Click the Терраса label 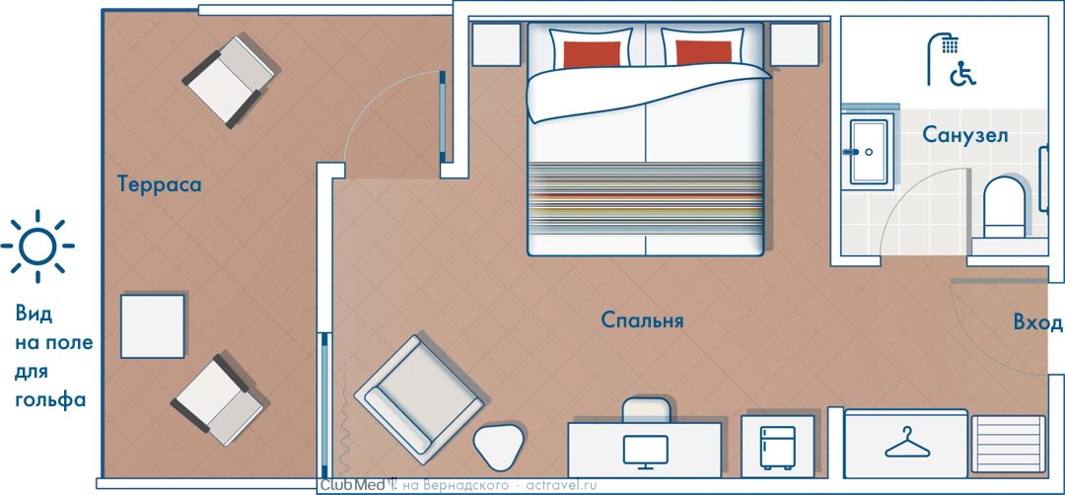[x=160, y=184]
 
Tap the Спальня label [x=642, y=320]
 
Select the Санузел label [x=964, y=135]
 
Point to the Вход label [x=1037, y=322]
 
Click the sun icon [x=37, y=246]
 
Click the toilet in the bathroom [x=1004, y=208]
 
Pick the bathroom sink [x=868, y=152]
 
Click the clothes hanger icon [x=908, y=442]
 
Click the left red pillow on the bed [x=592, y=54]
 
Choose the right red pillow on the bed [x=704, y=53]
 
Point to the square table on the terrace [x=153, y=326]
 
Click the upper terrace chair [x=230, y=82]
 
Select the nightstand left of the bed [x=496, y=44]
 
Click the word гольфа [x=50, y=400]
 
